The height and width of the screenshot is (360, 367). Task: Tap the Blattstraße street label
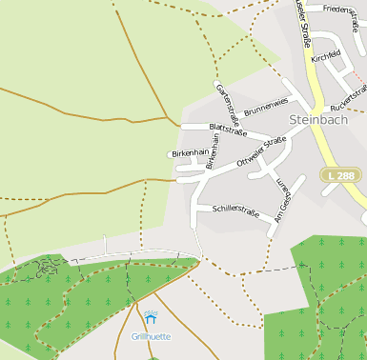227,130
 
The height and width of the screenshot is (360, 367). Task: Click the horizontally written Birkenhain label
189,152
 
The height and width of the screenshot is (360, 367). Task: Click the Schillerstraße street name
235,208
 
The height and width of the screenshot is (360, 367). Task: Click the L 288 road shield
338,175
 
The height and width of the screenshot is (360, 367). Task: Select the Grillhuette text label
151,336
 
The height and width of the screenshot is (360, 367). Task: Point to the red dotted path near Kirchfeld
357,74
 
